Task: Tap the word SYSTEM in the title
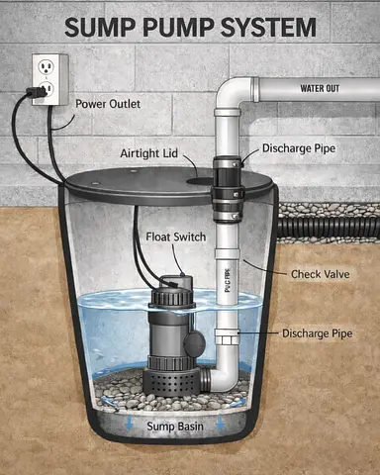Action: pyautogui.click(x=268, y=27)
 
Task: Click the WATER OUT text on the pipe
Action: pyautogui.click(x=320, y=88)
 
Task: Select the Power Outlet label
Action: pyautogui.click(x=108, y=104)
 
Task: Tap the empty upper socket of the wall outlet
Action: pyautogui.click(x=45, y=67)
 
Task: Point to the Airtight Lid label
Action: pyautogui.click(x=148, y=153)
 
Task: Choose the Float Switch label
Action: pyautogui.click(x=176, y=237)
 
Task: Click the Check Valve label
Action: pyautogui.click(x=321, y=274)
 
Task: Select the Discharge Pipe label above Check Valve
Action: pyautogui.click(x=299, y=148)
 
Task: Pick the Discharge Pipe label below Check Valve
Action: pyautogui.click(x=318, y=333)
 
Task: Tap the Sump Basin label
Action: pyautogui.click(x=175, y=427)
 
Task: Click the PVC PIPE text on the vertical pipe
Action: pyautogui.click(x=228, y=280)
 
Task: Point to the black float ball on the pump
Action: pyautogui.click(x=195, y=343)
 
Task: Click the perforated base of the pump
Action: pyautogui.click(x=170, y=383)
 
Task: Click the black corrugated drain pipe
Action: pyautogui.click(x=329, y=228)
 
